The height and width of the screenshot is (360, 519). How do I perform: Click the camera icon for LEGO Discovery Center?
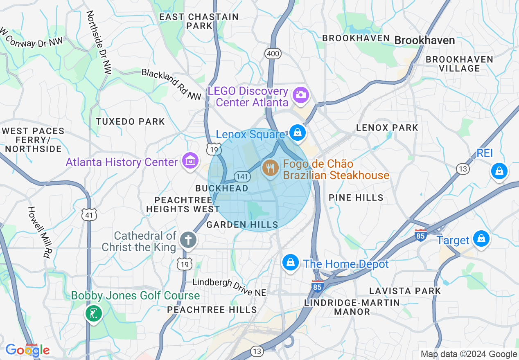tap(300, 94)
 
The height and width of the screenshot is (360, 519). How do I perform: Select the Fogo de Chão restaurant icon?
tap(270, 168)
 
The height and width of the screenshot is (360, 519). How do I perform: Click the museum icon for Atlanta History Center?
tap(190, 160)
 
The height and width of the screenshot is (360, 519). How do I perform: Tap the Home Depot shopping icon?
tap(290, 262)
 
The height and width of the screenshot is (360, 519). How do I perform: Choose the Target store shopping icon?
tap(481, 239)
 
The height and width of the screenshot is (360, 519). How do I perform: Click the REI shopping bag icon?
tap(499, 171)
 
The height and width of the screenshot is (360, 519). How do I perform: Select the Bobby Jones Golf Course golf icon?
tap(94, 314)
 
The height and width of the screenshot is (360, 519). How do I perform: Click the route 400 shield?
tap(272, 53)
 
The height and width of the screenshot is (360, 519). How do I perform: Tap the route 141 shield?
tap(242, 176)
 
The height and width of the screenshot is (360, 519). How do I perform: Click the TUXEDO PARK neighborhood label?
tap(130, 122)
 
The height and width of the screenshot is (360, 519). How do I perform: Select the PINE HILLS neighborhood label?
tap(356, 198)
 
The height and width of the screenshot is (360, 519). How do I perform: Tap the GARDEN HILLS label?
tap(242, 225)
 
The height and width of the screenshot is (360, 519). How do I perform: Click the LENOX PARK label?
tap(387, 128)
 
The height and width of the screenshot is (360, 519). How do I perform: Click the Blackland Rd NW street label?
tap(171, 84)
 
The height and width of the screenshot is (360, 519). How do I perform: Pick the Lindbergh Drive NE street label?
tap(229, 287)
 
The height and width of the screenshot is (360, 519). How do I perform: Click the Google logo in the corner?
tap(27, 350)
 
